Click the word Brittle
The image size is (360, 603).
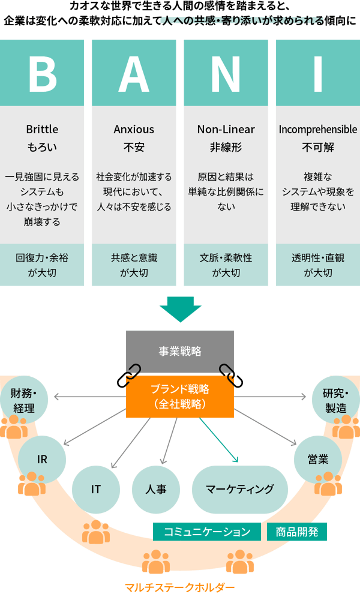[x=42, y=130]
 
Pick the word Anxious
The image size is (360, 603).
[x=134, y=130]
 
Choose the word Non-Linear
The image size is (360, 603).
[x=226, y=130]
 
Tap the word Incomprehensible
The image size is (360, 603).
[x=317, y=130]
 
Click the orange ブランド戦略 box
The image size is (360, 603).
[x=180, y=397]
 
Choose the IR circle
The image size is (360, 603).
[x=42, y=460]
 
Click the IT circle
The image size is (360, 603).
[x=96, y=489]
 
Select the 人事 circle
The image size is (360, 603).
[x=156, y=489]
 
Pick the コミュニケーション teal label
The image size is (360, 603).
[x=207, y=532]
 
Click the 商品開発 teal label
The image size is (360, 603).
[x=297, y=531]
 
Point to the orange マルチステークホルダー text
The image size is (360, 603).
[x=179, y=587]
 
